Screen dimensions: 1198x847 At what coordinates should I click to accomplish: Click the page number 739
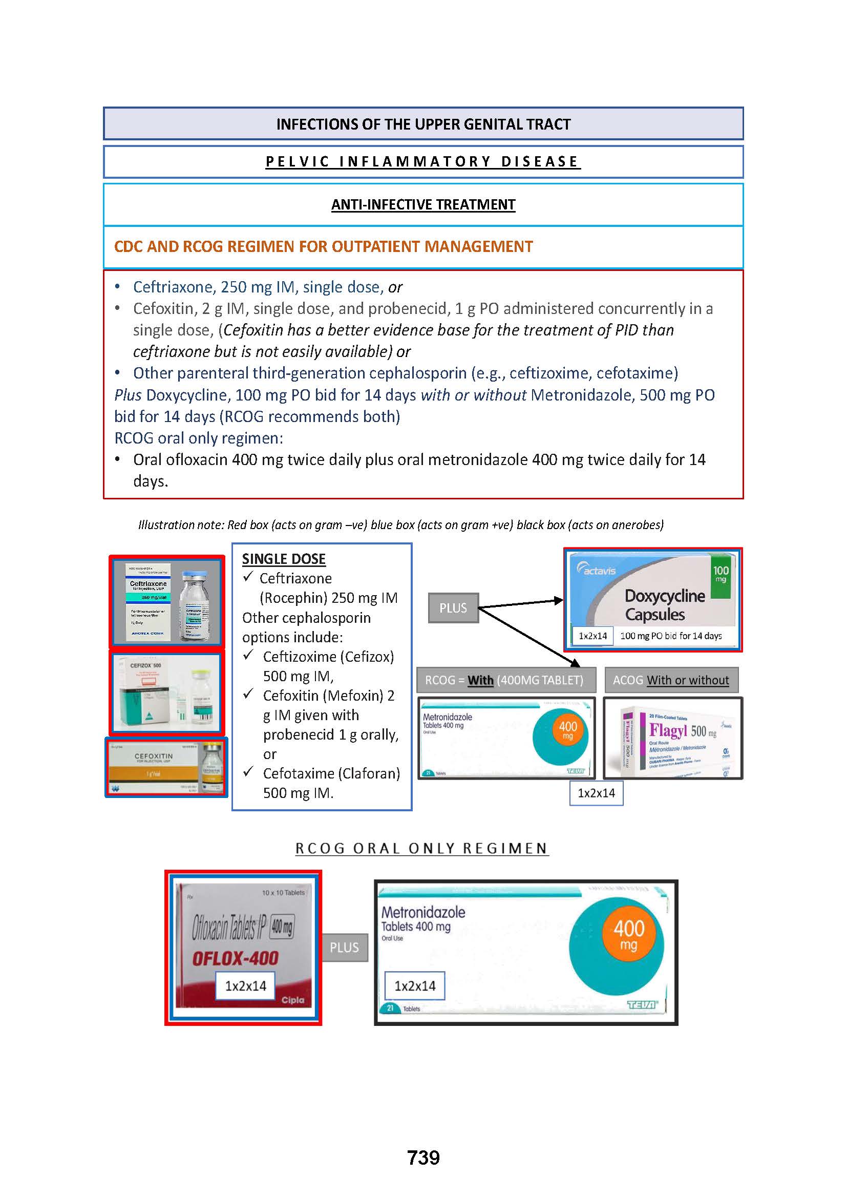[423, 1158]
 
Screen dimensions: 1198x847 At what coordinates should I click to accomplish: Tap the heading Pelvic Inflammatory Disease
[423, 162]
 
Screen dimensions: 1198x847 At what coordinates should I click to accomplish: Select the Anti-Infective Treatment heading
[423, 204]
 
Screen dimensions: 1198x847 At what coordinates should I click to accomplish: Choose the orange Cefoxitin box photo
[166, 767]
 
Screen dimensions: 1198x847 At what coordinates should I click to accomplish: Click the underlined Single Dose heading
[284, 559]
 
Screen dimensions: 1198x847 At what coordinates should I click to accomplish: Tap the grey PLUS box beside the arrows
[453, 608]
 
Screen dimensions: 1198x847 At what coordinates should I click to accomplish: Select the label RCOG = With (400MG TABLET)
[506, 680]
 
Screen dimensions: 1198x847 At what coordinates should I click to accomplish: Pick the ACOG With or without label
[671, 680]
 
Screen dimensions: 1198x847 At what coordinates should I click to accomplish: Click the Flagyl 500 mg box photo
[673, 738]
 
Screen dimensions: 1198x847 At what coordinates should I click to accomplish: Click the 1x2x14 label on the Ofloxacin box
[246, 985]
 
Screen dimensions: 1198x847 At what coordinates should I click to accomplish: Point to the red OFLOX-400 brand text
[235, 958]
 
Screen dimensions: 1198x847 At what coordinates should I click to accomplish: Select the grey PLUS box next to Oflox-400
[344, 947]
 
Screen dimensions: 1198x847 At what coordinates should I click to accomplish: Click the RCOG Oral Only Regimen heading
[422, 848]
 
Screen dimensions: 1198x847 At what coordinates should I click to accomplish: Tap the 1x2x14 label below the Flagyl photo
[596, 793]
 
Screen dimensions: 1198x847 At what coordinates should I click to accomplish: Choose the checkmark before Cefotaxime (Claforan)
[249, 771]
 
